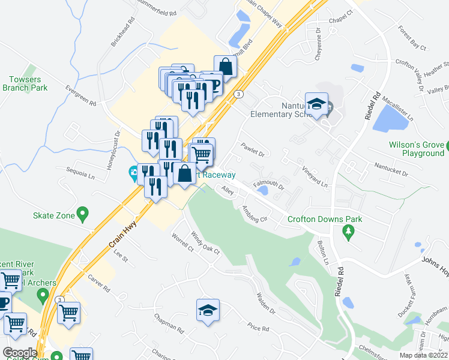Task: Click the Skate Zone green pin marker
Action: [83, 213]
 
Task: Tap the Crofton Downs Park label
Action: [325, 219]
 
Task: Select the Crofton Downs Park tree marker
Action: [347, 231]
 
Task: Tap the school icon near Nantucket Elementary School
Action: [316, 105]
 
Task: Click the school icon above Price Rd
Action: [208, 310]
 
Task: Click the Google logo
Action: [20, 353]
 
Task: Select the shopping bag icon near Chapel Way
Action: [224, 66]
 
